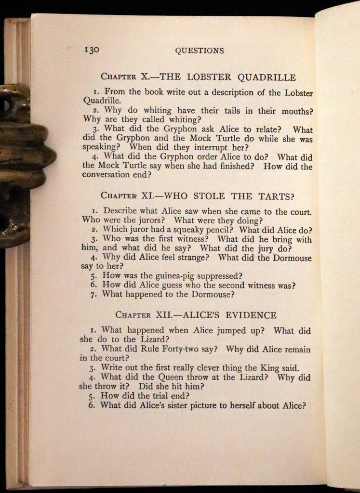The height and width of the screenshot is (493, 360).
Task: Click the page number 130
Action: point(92,50)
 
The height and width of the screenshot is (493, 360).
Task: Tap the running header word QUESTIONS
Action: point(200,51)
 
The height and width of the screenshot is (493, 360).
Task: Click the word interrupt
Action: point(206,147)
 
